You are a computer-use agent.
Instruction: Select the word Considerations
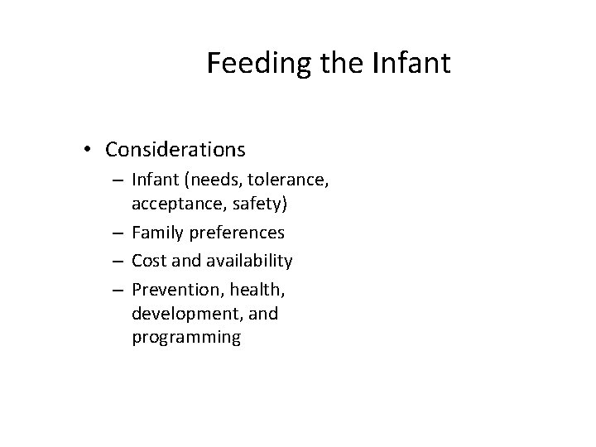[175, 150]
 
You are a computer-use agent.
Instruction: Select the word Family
[158, 233]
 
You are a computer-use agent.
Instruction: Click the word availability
[248, 261]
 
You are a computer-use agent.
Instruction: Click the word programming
[186, 338]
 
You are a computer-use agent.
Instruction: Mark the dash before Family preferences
[121, 233]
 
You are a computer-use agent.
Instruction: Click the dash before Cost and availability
[121, 261]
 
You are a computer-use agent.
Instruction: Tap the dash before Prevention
[121, 289]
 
